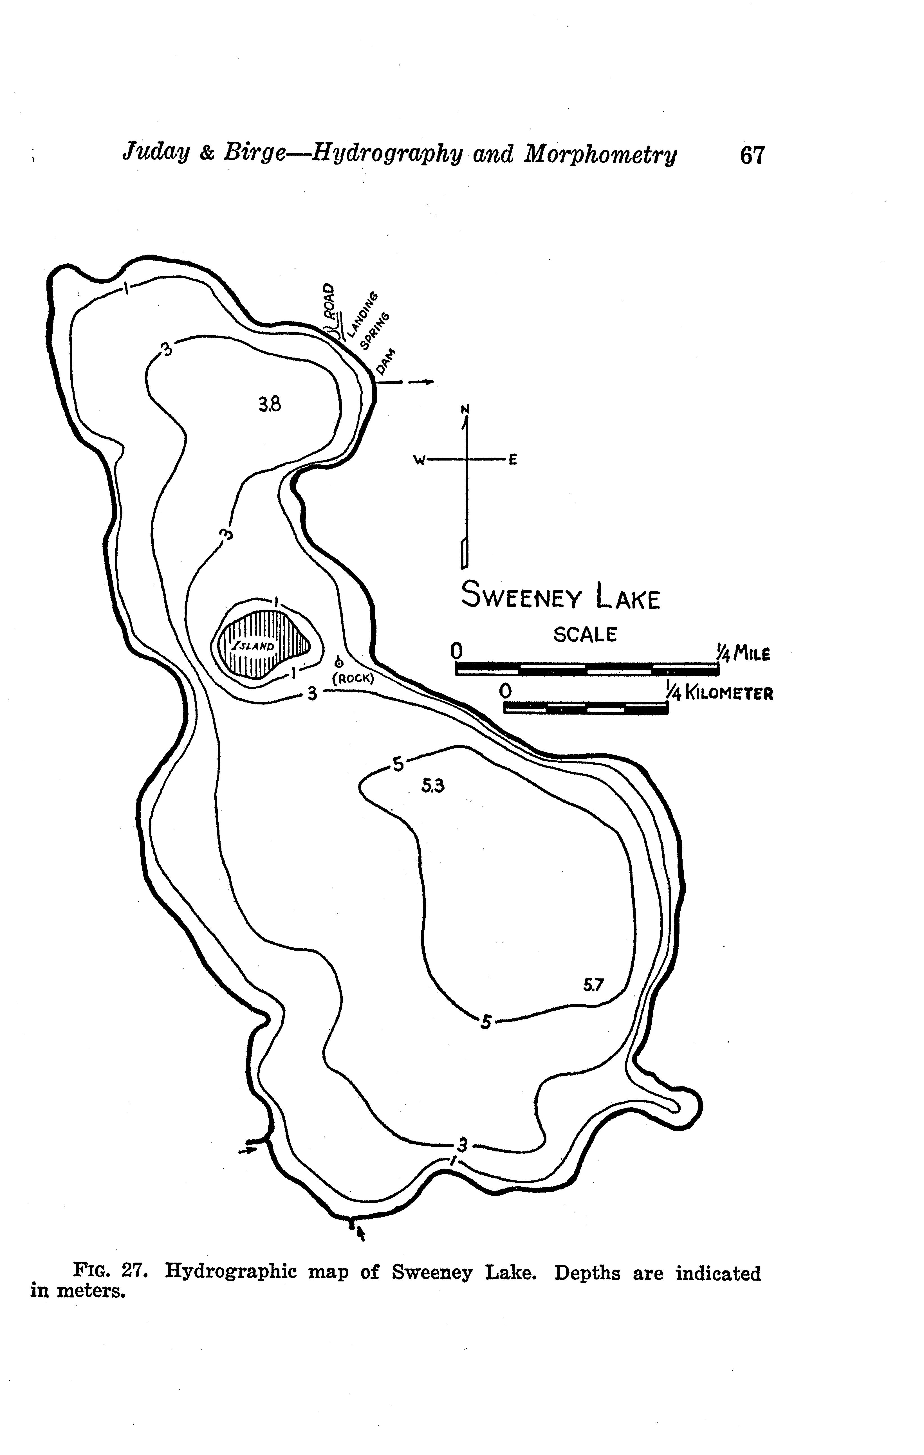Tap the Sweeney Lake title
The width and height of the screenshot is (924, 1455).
561,596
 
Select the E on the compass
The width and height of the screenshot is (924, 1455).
512,461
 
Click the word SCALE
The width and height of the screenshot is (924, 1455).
585,634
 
